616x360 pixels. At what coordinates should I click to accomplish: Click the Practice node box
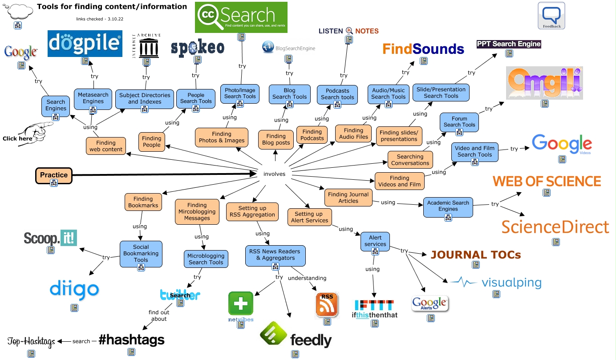click(53, 175)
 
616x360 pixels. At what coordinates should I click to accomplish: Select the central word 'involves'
click(274, 174)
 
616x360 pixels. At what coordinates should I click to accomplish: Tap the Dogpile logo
click(85, 44)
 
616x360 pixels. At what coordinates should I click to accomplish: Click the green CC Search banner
click(241, 17)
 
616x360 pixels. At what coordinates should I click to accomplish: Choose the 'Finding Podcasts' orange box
click(312, 135)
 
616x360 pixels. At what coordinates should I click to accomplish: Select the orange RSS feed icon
click(327, 304)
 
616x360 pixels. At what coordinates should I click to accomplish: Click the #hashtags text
click(131, 340)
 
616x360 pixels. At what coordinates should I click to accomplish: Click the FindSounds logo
click(423, 49)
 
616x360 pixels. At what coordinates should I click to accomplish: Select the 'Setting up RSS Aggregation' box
click(252, 211)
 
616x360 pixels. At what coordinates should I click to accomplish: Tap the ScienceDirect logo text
click(555, 227)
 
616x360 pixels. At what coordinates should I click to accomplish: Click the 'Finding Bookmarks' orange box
click(143, 202)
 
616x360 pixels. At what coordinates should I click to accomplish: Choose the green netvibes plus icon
click(241, 303)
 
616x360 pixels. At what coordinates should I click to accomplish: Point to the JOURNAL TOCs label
click(475, 255)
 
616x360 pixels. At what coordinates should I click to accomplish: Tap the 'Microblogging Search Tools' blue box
click(206, 259)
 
